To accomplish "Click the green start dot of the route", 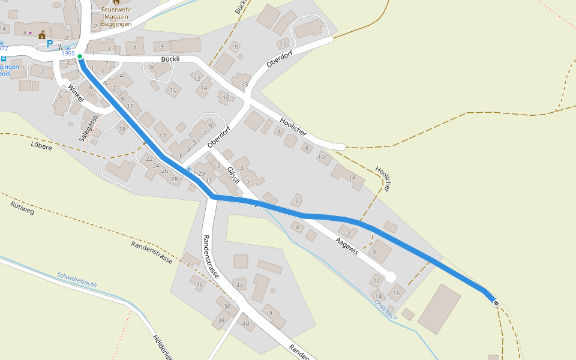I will pyautogui.click(x=80, y=57).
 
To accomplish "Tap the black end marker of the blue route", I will pyautogui.click(x=496, y=303).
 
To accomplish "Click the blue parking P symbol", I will pyautogui.click(x=50, y=44).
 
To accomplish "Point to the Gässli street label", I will pyautogui.click(x=233, y=175).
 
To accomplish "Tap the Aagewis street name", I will pyautogui.click(x=347, y=246).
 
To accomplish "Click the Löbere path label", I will pyautogui.click(x=41, y=146).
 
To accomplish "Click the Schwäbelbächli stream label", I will pyautogui.click(x=77, y=280).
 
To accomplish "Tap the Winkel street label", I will pyautogui.click(x=76, y=93).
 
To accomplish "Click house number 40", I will pyautogui.click(x=245, y=323).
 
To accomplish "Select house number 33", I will pyautogui.click(x=239, y=284).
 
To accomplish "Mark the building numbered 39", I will pyautogui.click(x=268, y=313).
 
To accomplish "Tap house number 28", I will pyautogui.click(x=175, y=179).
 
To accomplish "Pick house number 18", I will pyautogui.click(x=122, y=129).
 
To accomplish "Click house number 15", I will pyautogui.click(x=235, y=47).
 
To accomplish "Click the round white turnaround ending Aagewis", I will pyautogui.click(x=391, y=277).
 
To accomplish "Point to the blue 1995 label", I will pyautogui.click(x=68, y=53).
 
